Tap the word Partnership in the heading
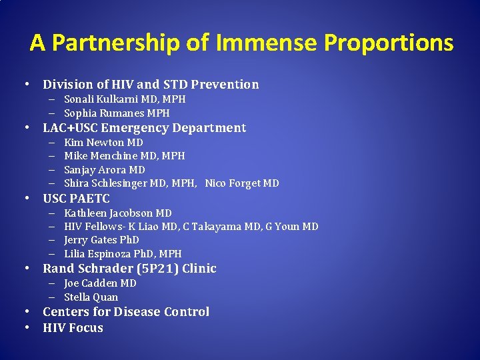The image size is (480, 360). pyautogui.click(x=115, y=43)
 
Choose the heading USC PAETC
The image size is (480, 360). pyautogui.click(x=76, y=199)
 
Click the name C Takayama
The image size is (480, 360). pyautogui.click(x=210, y=227)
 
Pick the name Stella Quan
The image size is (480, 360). pyautogui.click(x=91, y=297)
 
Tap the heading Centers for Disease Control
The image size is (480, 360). pyautogui.click(x=126, y=312)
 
